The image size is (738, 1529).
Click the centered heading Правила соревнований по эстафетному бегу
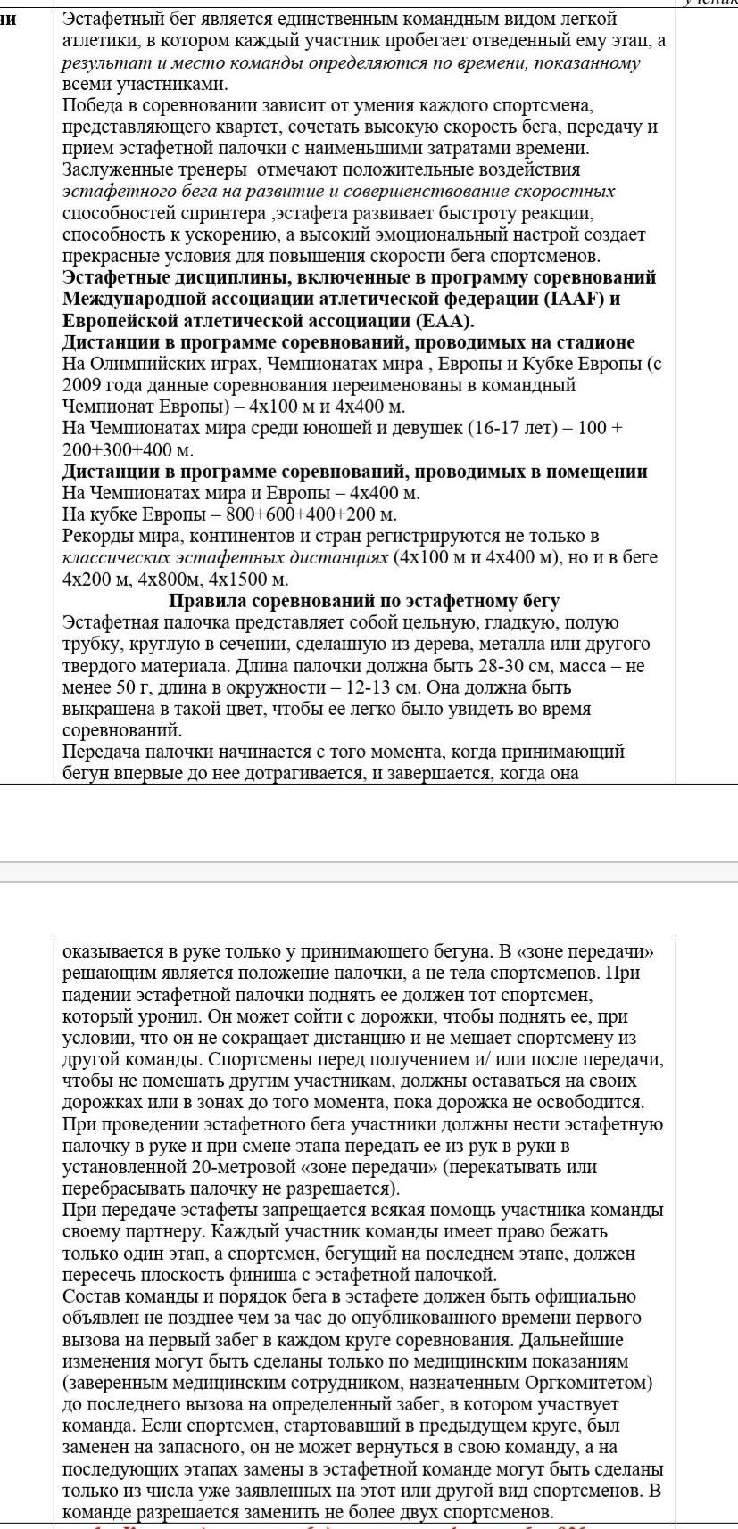pyautogui.click(x=364, y=601)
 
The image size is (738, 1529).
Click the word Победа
pyautogui.click(x=93, y=105)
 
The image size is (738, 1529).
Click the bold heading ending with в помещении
pyautogui.click(x=354, y=472)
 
